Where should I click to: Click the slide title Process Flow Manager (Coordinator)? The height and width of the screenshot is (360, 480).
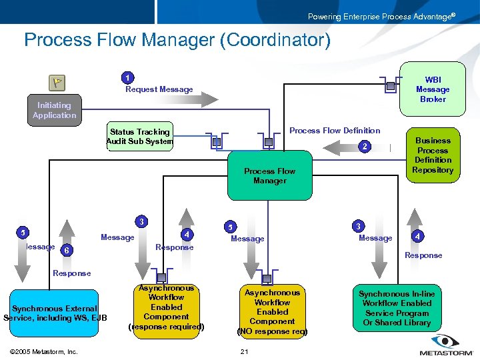(x=177, y=41)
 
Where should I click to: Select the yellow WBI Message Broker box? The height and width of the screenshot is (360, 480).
(x=432, y=89)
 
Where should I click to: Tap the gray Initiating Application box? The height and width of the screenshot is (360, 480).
(x=54, y=111)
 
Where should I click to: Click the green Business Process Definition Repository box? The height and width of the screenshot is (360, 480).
(x=433, y=155)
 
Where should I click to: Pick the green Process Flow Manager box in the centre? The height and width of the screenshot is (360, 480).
(x=269, y=176)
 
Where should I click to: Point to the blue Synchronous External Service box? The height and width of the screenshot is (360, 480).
(x=55, y=313)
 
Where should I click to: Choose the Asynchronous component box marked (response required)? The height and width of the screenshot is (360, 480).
(x=166, y=307)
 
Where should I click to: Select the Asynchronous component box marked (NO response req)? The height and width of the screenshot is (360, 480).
(x=272, y=311)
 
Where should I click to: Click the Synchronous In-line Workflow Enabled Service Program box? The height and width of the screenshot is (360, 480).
(x=397, y=308)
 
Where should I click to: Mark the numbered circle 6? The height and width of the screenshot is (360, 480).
(x=65, y=250)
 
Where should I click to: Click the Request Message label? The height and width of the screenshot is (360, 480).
(x=159, y=89)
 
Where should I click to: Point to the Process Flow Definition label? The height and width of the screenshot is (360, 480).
(x=335, y=131)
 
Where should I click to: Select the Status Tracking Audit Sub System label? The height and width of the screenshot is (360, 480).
(x=140, y=137)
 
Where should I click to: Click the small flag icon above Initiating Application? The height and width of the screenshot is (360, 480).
(x=57, y=83)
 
